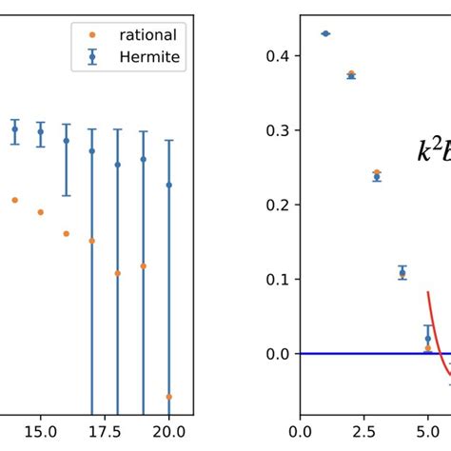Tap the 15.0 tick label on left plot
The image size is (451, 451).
tap(40, 431)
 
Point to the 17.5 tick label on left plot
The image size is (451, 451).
tap(105, 431)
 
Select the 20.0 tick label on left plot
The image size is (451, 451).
tap(168, 431)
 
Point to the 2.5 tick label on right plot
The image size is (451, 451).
tap(363, 431)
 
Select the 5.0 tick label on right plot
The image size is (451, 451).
tap(427, 431)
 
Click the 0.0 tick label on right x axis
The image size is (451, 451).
tap(301, 431)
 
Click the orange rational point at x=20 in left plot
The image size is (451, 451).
tap(168, 397)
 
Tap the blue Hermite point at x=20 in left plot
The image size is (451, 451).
tap(168, 185)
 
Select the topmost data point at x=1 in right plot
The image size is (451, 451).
tap(325, 33)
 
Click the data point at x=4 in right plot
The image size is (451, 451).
tap(402, 273)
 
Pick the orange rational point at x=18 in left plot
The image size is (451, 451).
tap(118, 273)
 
